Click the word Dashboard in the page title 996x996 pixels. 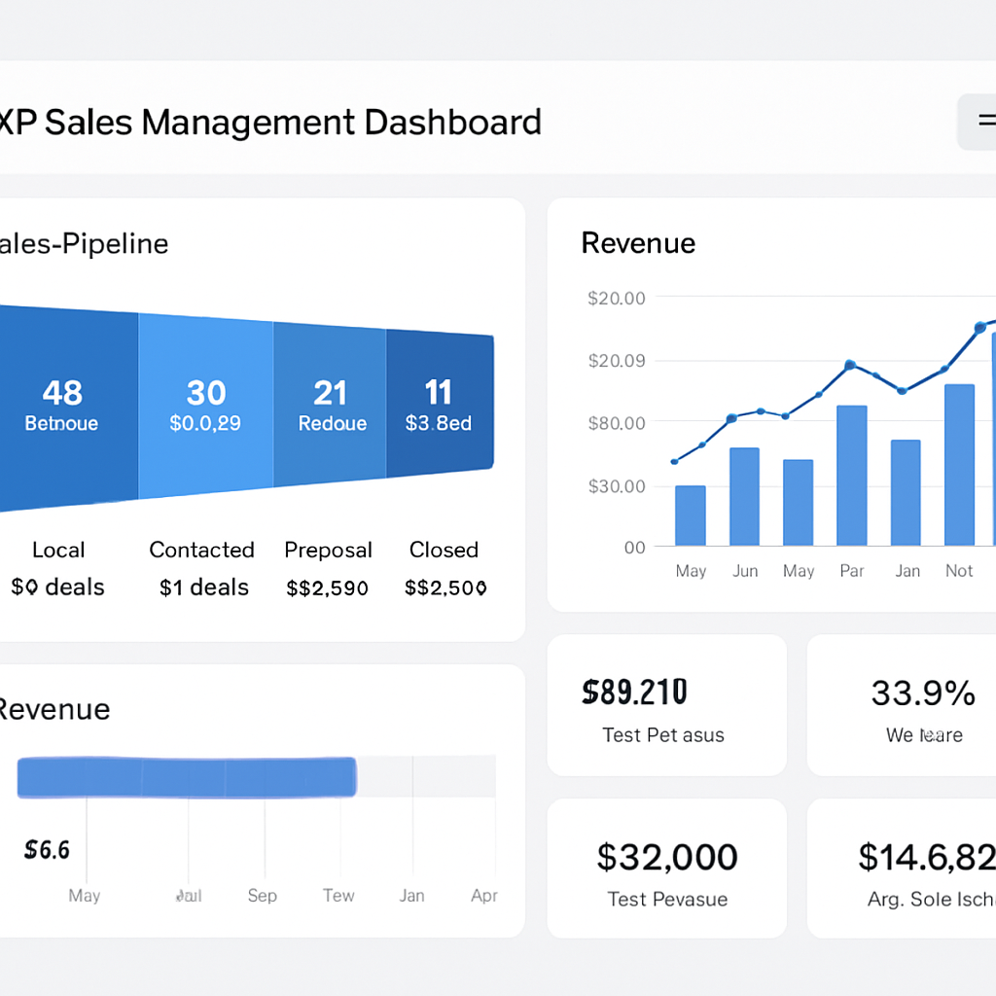452,123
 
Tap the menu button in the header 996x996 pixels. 980,122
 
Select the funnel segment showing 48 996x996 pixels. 64,407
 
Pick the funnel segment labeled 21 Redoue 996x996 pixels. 331,407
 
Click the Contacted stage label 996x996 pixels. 201,550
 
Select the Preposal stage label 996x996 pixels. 328,550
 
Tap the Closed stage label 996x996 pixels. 444,550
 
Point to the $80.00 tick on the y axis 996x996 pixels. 616,423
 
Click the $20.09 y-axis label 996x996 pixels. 616,361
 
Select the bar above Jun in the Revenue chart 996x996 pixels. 744,496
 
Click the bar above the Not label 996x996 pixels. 959,464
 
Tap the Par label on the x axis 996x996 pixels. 852,571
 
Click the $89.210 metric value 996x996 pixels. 634,693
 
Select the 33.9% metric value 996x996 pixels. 922,693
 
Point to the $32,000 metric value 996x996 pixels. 666,857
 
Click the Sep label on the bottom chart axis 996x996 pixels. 262,895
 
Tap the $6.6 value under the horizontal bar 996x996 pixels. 47,850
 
